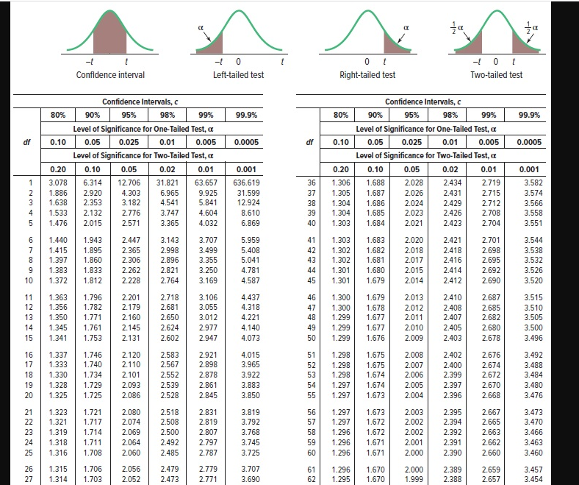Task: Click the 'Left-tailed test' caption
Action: tap(237, 74)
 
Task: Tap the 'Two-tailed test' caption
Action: tap(496, 74)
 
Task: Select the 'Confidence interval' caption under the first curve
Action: tap(110, 74)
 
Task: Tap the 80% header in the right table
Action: tap(341, 115)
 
